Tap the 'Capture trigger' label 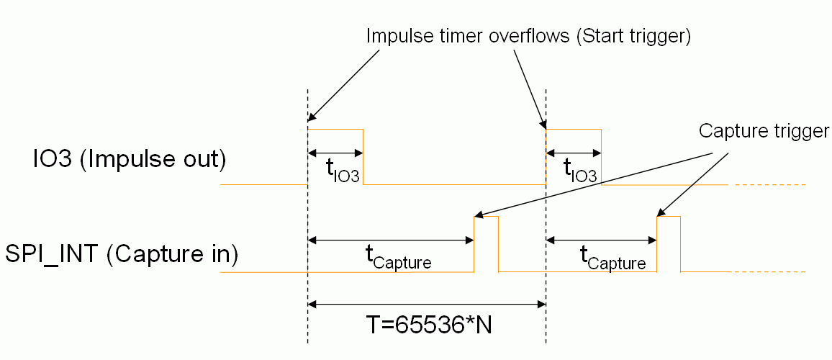point(764,131)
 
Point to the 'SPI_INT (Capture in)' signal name point(123,254)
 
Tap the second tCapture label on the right point(612,258)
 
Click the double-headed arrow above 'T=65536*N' point(427,305)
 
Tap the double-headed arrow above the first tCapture point(391,240)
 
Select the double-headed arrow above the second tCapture point(602,240)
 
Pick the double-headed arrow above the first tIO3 point(335,153)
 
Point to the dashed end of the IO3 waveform point(769,185)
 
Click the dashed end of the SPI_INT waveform point(769,271)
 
